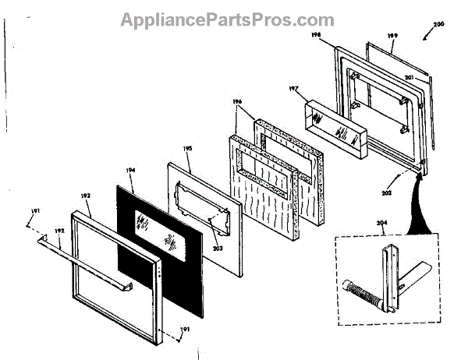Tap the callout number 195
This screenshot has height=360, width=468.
point(188,148)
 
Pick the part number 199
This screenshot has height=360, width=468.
point(393,36)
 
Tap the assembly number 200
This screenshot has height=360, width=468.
point(438,26)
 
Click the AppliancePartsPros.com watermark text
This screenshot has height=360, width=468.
point(227,19)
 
